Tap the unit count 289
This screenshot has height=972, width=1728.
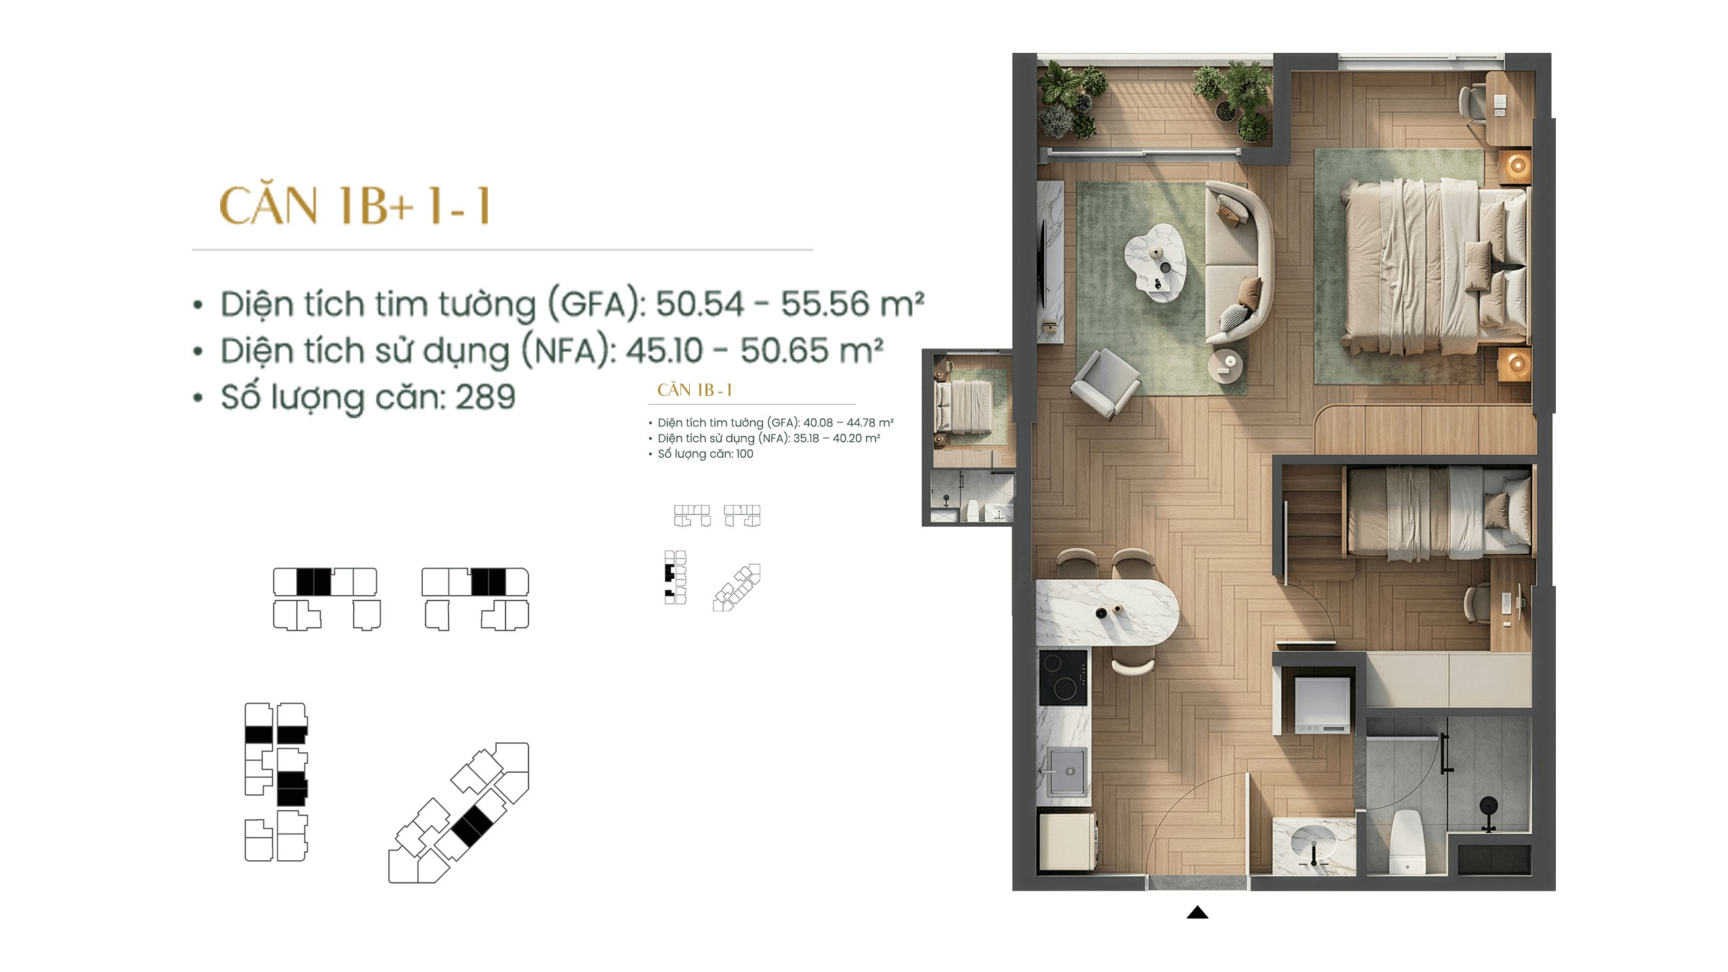(x=485, y=397)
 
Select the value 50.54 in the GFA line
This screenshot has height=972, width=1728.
(x=699, y=304)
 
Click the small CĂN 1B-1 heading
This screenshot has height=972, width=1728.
(x=695, y=390)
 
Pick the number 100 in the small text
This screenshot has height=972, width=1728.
(x=744, y=453)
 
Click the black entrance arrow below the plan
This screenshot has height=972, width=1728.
(x=1197, y=912)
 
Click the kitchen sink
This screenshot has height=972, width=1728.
(x=1067, y=771)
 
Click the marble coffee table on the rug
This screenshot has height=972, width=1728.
(x=1156, y=262)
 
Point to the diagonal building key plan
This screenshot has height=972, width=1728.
(x=458, y=813)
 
